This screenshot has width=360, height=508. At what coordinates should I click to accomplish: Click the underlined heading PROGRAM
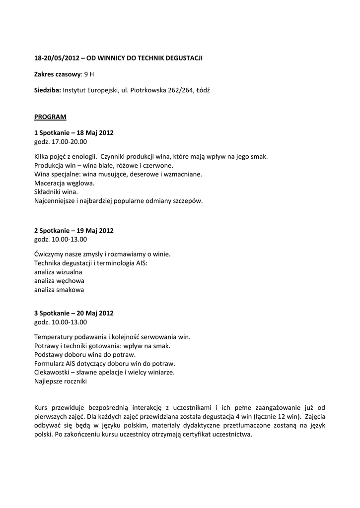coord(50,117)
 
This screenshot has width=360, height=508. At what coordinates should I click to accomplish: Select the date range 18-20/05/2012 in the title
coord(57,58)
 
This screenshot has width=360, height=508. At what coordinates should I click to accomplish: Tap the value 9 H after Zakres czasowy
coord(89,74)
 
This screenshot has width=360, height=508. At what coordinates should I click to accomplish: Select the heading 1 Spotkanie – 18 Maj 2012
coord(74,133)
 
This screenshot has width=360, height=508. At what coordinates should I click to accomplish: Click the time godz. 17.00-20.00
coord(61,141)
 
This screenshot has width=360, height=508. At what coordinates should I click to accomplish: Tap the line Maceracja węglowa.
coord(64,183)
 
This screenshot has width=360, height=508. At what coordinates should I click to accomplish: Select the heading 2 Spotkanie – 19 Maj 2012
coord(74,231)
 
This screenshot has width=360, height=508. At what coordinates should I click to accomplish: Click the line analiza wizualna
coord(59,272)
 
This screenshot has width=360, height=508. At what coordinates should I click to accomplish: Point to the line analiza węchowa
coord(60,281)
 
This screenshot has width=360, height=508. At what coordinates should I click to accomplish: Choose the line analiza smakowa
coord(59,290)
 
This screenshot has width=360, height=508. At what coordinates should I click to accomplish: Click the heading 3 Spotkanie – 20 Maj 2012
coord(74,313)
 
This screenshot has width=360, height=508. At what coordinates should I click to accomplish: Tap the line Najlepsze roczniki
coord(61,381)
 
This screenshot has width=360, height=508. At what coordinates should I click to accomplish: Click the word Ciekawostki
coord(52,373)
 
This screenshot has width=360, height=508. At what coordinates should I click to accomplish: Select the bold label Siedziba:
coord(48,90)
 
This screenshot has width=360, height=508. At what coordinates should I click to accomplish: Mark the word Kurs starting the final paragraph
coord(42,408)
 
